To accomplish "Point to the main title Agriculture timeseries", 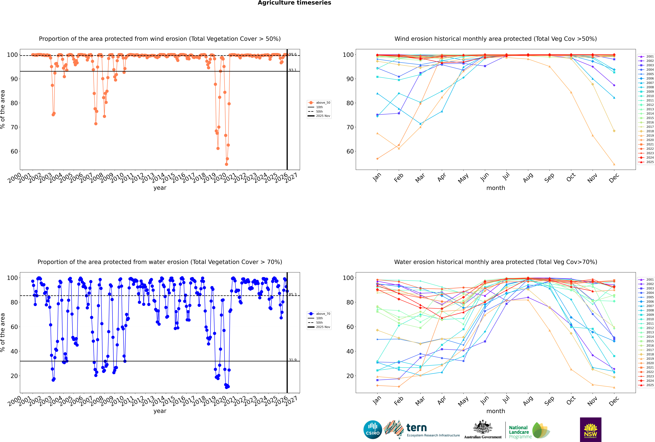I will (294, 3).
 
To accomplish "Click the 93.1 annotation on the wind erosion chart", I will (293, 70).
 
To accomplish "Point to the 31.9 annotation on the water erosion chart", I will (293, 360).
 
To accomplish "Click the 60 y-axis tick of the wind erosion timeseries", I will (14, 151).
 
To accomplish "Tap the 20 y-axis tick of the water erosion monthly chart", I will (350, 376).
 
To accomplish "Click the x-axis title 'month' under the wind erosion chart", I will (496, 188).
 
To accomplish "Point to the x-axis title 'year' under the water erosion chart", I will (160, 411).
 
